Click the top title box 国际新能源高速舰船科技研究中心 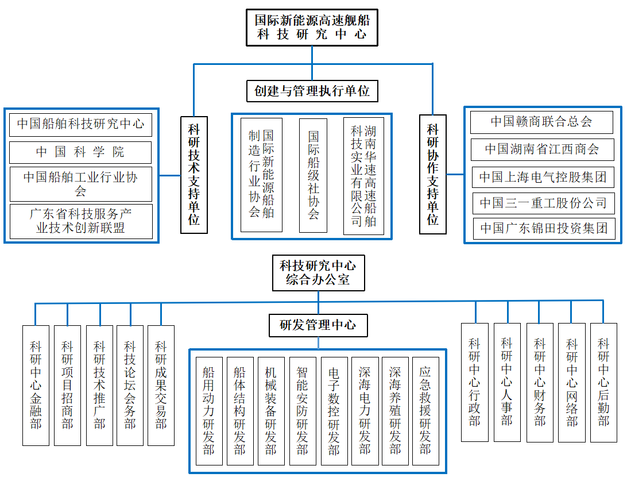312,27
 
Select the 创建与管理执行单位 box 312,91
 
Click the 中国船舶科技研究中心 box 80,124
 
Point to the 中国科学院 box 80,152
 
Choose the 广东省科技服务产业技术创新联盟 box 80,221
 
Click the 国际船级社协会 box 313,175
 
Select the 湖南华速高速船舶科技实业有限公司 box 363,175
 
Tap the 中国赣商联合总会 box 541,122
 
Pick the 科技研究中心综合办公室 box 318,273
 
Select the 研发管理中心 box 318,325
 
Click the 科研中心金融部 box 36,385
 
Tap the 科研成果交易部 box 161,385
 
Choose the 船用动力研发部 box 209,410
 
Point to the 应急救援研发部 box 425,410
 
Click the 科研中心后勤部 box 603,382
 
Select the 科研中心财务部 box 540,382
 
